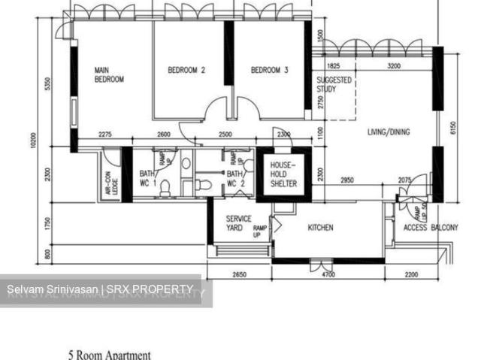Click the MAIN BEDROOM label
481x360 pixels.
pyautogui.click(x=109, y=74)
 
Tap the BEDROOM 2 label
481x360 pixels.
pyautogui.click(x=186, y=71)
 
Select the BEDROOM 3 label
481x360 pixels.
pyautogui.click(x=269, y=71)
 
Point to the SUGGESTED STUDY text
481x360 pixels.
pyautogui.click(x=333, y=84)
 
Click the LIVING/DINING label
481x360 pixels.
pyautogui.click(x=389, y=133)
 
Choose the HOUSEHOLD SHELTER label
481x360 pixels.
pyautogui.click(x=283, y=174)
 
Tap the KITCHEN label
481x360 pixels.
pyautogui.click(x=320, y=228)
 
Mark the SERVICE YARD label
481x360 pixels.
pyautogui.click(x=239, y=223)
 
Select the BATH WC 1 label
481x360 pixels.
pyautogui.click(x=147, y=178)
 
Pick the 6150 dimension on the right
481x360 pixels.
pyautogui.click(x=452, y=128)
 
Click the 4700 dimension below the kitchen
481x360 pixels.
pyautogui.click(x=328, y=275)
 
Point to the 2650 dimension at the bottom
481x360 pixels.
pyautogui.click(x=238, y=275)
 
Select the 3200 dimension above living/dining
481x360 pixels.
pyautogui.click(x=393, y=67)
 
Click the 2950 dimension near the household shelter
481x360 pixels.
pyautogui.click(x=346, y=180)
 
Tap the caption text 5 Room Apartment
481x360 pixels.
pyautogui.click(x=110, y=355)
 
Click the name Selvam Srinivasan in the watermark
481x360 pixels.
pyautogui.click(x=45, y=290)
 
